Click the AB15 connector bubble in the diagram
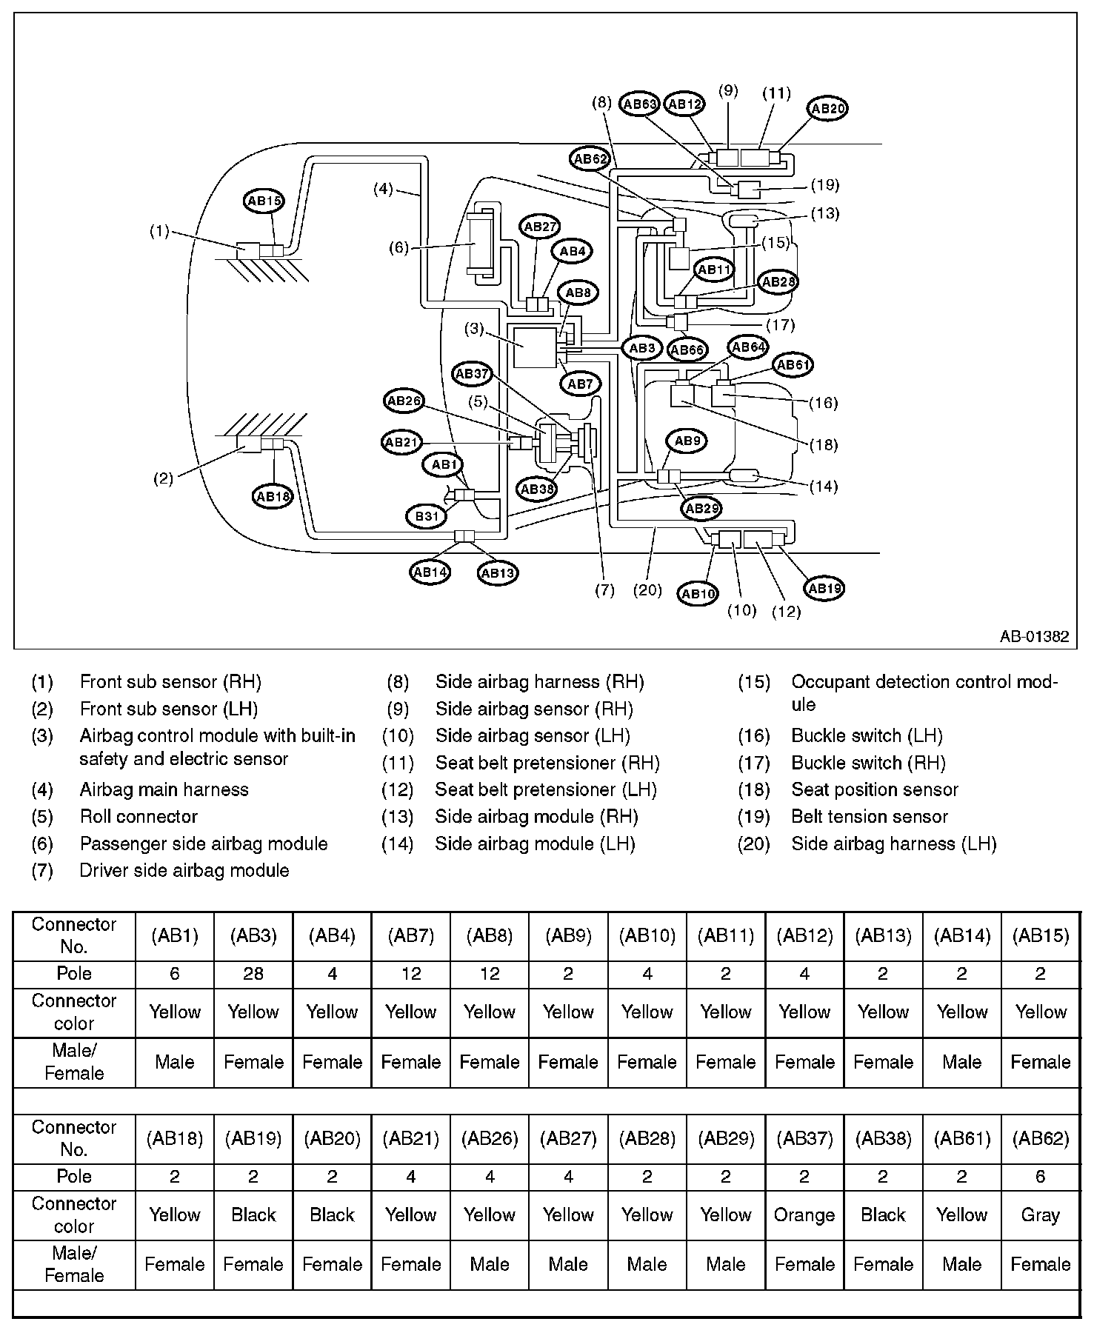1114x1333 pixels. click(x=264, y=201)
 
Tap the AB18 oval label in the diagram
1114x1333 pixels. click(x=273, y=496)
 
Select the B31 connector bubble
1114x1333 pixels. click(x=427, y=516)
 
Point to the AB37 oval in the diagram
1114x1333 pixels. click(x=473, y=374)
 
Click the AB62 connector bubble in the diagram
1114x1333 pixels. click(x=590, y=158)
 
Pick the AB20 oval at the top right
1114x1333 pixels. click(x=827, y=108)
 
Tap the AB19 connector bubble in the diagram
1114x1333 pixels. click(x=824, y=589)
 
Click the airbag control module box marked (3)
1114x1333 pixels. click(x=534, y=347)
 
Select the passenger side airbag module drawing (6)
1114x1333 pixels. click(x=481, y=244)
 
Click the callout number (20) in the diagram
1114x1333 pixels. click(x=648, y=590)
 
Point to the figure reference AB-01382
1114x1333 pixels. click(x=1034, y=637)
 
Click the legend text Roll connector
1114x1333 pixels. click(x=139, y=817)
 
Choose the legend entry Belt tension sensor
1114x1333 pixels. click(x=870, y=817)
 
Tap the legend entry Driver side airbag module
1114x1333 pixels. click(x=184, y=870)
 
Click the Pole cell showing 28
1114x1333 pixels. click(x=253, y=973)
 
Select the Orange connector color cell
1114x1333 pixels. click(x=804, y=1215)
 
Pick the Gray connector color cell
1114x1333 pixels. click(x=1041, y=1215)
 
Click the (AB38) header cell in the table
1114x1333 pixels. click(x=883, y=1138)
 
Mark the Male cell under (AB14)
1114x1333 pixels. click(x=962, y=1062)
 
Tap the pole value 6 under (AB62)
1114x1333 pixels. click(x=1041, y=1176)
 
